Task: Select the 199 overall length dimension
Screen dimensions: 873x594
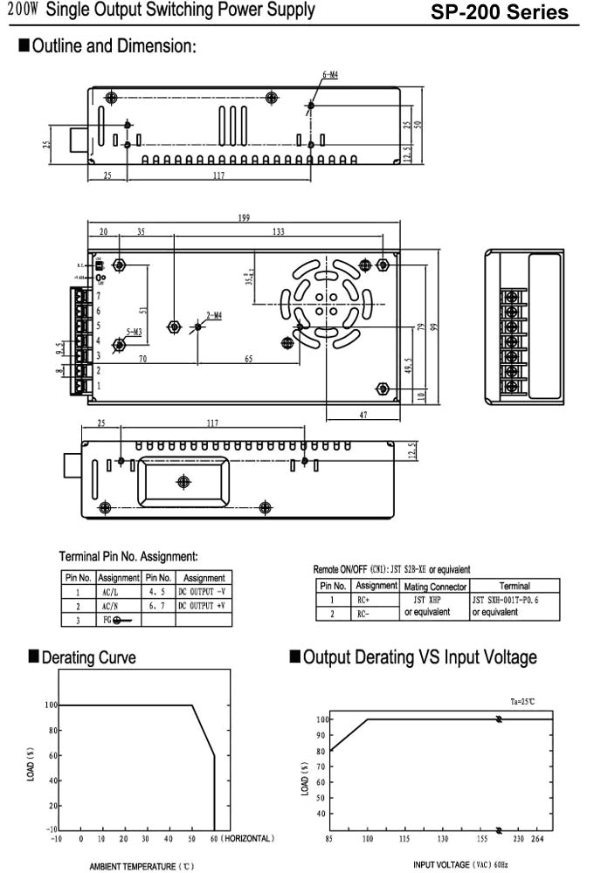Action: pos(244,217)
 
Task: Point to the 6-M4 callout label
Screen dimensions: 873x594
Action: pos(330,75)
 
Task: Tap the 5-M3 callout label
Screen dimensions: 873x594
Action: pos(135,332)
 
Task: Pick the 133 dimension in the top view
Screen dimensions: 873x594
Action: pos(279,232)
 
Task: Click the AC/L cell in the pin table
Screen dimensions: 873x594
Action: pos(109,591)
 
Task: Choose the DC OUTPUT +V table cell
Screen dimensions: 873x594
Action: pos(202,605)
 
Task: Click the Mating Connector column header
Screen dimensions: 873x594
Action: pos(435,587)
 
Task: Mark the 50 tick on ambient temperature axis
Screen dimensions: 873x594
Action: pos(191,839)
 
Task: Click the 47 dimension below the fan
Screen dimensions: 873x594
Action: pos(363,416)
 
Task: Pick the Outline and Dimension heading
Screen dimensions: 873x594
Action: pos(114,46)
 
